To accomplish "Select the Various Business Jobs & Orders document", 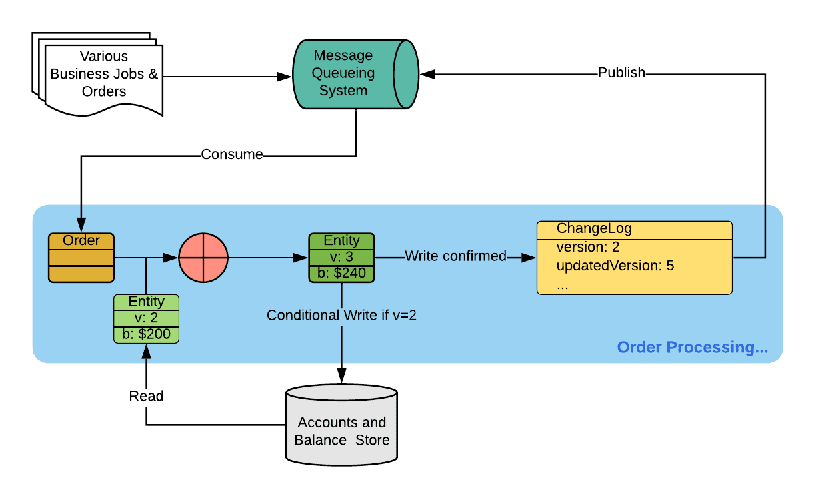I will [104, 74].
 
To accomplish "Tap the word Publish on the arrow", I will [621, 73].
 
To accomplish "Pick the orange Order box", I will [81, 258].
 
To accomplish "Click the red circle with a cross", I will [203, 257].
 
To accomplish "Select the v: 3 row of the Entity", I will [341, 256].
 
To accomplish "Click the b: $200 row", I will [146, 334].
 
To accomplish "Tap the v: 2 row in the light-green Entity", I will [146, 318].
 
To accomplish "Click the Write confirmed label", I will [455, 256].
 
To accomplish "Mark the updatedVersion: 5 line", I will [615, 266].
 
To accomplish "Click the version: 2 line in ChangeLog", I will [588, 248].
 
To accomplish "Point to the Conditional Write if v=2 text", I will [341, 315].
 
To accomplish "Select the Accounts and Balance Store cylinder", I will [341, 427].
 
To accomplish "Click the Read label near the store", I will [146, 396].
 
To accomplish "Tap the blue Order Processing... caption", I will [692, 347].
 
